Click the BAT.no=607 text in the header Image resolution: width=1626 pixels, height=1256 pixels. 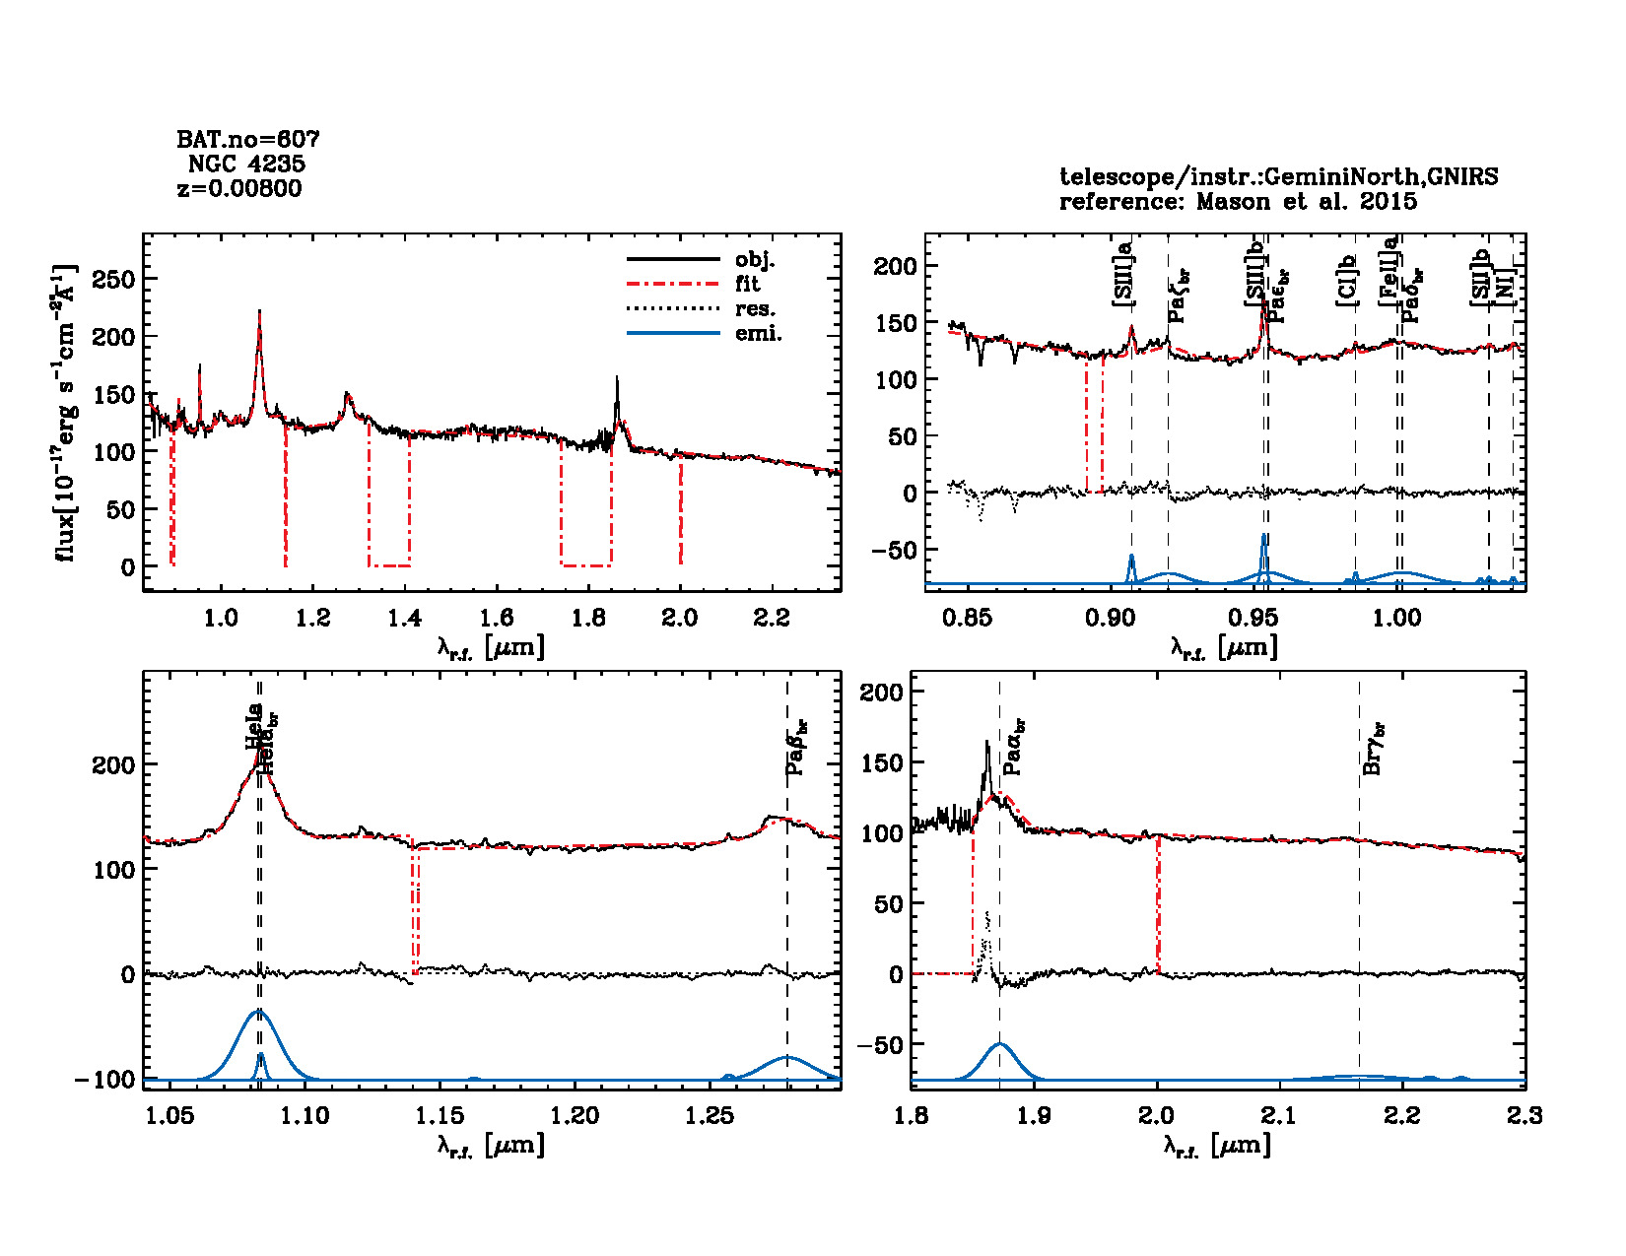coord(247,140)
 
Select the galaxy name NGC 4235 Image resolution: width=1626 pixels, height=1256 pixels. coord(246,164)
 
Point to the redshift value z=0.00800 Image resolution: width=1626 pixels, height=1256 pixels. coord(239,188)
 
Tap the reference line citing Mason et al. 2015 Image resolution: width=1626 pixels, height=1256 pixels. coord(1238,202)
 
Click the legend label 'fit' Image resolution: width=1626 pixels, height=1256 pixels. coord(747,284)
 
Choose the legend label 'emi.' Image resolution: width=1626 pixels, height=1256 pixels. coord(758,334)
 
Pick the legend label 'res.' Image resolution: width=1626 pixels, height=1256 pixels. coord(755,308)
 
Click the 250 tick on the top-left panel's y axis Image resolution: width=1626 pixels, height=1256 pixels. coord(113,280)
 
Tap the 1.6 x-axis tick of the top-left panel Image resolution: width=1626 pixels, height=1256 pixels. coord(497,618)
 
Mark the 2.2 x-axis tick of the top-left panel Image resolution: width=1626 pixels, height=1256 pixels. coord(772,618)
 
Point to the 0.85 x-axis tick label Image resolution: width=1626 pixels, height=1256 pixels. coord(967,618)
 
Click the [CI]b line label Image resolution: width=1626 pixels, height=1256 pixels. coord(1346,280)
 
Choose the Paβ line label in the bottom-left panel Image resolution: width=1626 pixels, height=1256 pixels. coord(797,746)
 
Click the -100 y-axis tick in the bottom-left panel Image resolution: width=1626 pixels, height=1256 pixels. coord(104,1080)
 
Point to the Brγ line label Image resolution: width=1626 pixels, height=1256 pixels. coord(1373,748)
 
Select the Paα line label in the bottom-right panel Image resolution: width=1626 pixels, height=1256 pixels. coord(1012,747)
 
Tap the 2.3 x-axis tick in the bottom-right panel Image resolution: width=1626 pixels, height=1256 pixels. coord(1524,1115)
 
